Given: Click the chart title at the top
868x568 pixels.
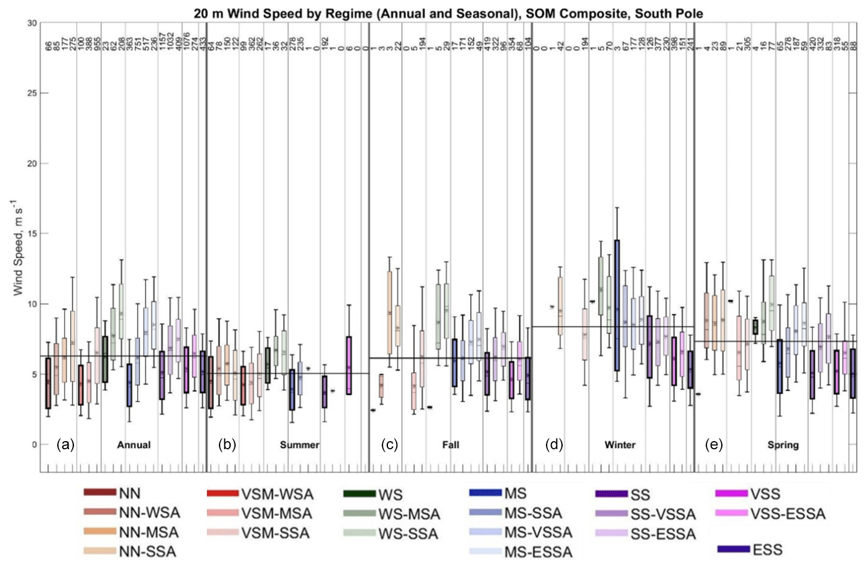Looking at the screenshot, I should tap(448, 13).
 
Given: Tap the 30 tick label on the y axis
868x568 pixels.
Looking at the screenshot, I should tap(32, 23).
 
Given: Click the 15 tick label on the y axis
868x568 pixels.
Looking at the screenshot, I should tap(32, 234).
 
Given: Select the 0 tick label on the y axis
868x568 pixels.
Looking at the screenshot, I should tap(35, 444).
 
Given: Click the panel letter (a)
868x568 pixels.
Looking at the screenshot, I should tap(65, 444).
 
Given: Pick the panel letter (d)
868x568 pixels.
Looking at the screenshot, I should tap(554, 444).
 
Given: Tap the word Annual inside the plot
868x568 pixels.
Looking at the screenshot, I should tap(134, 445).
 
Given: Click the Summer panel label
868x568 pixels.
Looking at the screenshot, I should tap(299, 445).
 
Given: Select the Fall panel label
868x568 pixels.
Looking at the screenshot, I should tap(451, 445).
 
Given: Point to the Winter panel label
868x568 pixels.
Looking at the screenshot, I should tap(620, 445).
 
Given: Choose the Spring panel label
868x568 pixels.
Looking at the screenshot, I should tap(783, 445).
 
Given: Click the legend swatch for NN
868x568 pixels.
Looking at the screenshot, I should tap(100, 493).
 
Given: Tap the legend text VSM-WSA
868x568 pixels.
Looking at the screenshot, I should tap(277, 495).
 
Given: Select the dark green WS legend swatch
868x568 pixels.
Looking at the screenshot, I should tap(359, 494).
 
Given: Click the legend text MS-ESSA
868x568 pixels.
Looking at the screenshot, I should tap(538, 552).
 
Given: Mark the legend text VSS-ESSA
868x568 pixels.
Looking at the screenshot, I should tap(788, 514).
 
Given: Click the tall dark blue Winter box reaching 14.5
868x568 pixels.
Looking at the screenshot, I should tap(617, 305).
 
